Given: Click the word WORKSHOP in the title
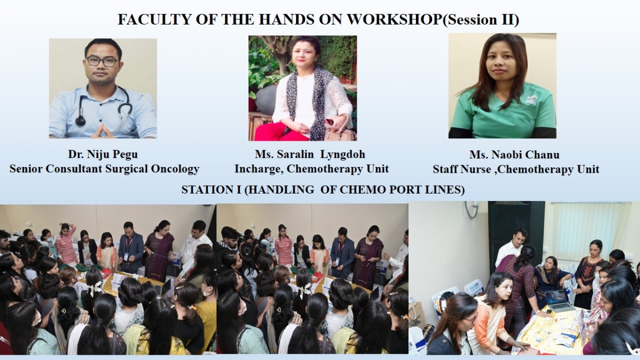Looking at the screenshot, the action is tap(394, 20).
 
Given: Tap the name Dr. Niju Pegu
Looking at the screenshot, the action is tap(103, 154).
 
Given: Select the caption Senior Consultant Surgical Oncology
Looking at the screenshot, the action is tap(105, 169).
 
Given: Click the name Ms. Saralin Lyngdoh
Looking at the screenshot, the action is tap(310, 154).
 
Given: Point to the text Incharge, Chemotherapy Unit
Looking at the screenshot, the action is tap(311, 169).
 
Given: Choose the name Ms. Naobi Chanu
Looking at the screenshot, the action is tap(514, 155).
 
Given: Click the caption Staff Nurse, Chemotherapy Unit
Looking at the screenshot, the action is tap(516, 170).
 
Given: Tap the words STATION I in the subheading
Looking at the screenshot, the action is tap(212, 190).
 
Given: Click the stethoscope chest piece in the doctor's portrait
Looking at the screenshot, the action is tap(81, 121).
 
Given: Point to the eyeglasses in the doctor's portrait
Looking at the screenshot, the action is tap(102, 61).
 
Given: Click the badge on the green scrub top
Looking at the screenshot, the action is tap(531, 101).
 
